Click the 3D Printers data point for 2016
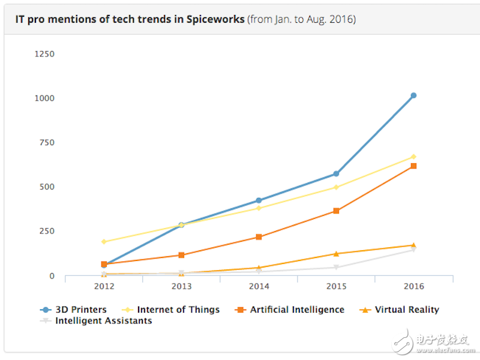pyautogui.click(x=413, y=95)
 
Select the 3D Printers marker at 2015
pyautogui.click(x=336, y=173)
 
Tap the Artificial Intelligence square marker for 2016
pyautogui.click(x=413, y=166)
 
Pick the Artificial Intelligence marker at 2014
pyautogui.click(x=259, y=237)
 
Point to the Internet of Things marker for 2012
pyautogui.click(x=104, y=242)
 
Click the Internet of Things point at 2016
pyautogui.click(x=413, y=157)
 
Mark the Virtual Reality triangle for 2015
pyautogui.click(x=336, y=254)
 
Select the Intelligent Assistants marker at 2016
pyautogui.click(x=413, y=250)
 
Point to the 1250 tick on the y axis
pyautogui.click(x=44, y=54)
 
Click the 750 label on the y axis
pyautogui.click(x=46, y=142)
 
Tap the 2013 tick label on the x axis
pyautogui.click(x=181, y=287)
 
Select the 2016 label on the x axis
pyautogui.click(x=413, y=287)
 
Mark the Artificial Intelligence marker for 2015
pyautogui.click(x=336, y=211)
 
